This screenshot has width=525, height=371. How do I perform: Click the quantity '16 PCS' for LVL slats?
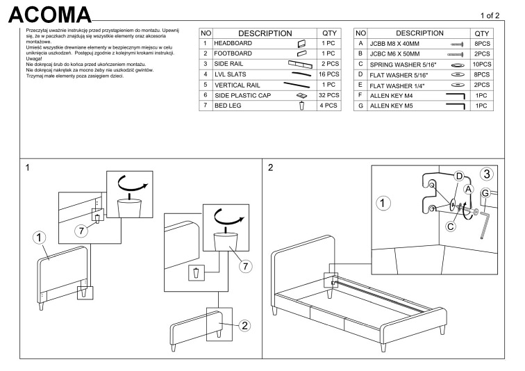click(329, 74)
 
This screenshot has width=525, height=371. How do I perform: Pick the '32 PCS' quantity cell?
click(329, 94)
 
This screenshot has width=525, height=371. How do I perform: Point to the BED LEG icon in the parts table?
click(301, 106)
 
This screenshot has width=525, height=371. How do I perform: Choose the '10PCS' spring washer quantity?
click(480, 64)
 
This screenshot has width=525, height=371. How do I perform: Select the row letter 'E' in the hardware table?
click(360, 85)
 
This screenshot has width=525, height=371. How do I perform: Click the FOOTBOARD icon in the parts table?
click(301, 53)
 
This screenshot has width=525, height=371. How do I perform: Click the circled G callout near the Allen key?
click(486, 192)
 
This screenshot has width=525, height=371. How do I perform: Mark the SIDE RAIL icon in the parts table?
click(301, 64)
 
